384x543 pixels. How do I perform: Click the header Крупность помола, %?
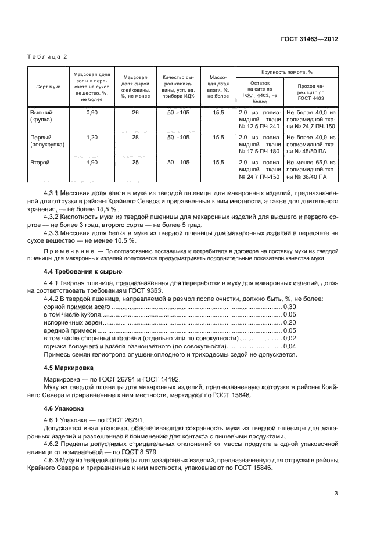click(287, 73)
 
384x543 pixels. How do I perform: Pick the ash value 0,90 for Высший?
click(91, 112)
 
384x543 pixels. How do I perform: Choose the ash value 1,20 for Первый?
click(91, 138)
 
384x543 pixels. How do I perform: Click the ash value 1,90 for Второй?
click(91, 163)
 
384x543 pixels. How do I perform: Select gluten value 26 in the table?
click(135, 112)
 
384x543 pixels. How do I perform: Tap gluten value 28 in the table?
click(135, 138)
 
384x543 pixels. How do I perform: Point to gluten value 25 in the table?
click(135, 163)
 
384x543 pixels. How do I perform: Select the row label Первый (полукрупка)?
click(48, 141)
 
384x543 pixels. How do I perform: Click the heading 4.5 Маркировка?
click(69, 368)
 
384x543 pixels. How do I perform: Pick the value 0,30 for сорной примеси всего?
click(289, 306)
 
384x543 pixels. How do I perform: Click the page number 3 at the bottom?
click(336, 493)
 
